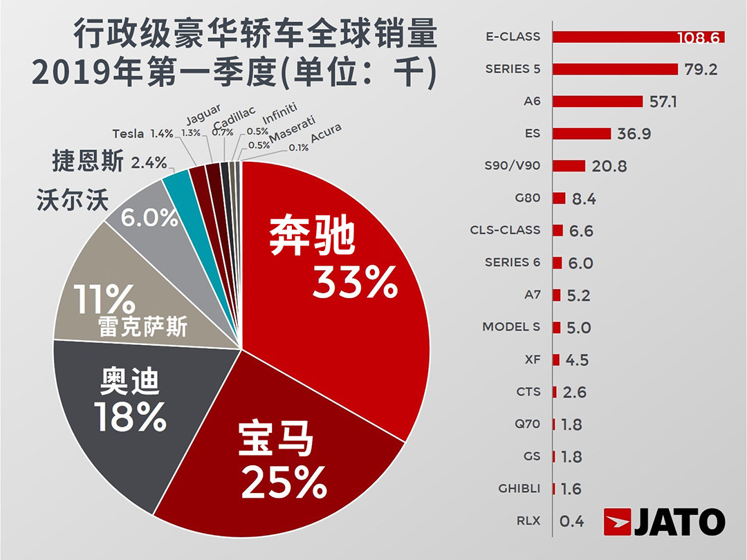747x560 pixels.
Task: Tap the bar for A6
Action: pos(598,102)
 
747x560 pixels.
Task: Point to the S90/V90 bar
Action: pos(569,166)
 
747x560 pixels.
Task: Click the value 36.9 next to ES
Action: pos(634,133)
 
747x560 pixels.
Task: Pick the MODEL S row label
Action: pos(511,327)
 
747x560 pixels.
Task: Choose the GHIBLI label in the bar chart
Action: pos(519,489)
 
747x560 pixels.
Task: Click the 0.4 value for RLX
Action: pos(571,521)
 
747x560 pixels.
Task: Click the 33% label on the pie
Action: pos(354,281)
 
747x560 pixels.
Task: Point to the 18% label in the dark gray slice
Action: pos(131,416)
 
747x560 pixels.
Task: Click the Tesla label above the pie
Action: pos(128,134)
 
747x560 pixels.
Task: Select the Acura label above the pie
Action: pos(326,134)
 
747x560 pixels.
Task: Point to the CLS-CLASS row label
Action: pos(504,230)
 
